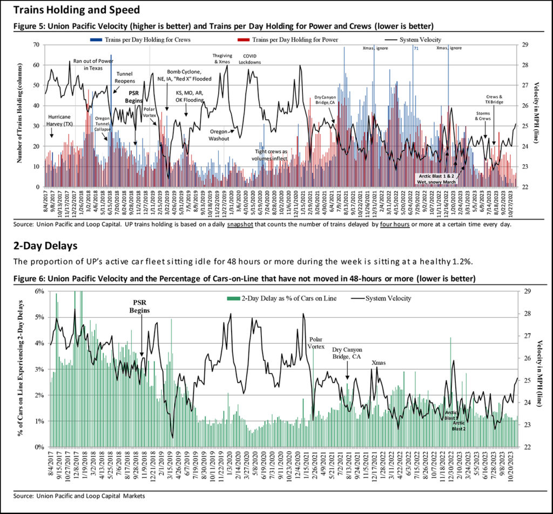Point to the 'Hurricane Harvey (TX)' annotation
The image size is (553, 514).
coord(60,120)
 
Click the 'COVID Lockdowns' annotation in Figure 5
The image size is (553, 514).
coord(252,58)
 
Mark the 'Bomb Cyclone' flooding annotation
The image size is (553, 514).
coord(188,75)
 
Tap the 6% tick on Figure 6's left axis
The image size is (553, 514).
coord(39,291)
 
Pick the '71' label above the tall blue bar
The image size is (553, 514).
coord(416,48)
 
